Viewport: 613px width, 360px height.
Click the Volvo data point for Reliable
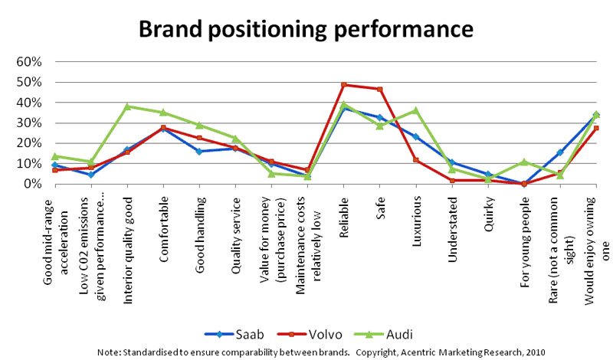click(x=344, y=85)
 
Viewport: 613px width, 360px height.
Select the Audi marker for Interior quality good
click(x=127, y=106)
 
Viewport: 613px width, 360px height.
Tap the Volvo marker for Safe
click(x=380, y=89)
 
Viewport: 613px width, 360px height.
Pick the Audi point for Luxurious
click(x=416, y=110)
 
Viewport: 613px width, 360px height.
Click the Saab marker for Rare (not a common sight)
click(x=560, y=152)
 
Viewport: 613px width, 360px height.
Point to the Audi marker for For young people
click(x=524, y=162)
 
